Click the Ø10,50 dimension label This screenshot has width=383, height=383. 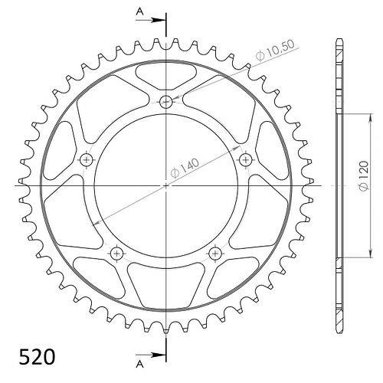pos(275,50)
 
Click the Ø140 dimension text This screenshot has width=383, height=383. pos(185,168)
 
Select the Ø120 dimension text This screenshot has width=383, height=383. pos(364,175)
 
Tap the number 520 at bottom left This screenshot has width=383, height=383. pos(37,357)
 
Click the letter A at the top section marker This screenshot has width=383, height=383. pos(139,11)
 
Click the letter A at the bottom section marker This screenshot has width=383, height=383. pos(139,365)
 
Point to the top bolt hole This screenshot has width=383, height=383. pos(166,102)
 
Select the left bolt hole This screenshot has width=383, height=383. pos(87,160)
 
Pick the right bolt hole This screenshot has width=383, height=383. pos(246,160)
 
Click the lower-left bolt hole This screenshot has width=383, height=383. pos(117,254)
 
